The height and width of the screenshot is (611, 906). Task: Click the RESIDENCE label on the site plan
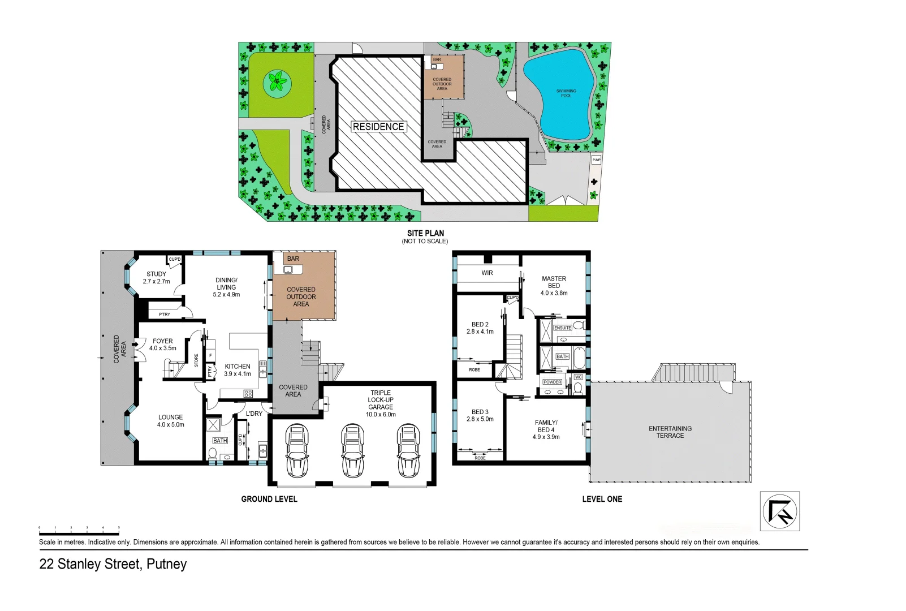(x=378, y=127)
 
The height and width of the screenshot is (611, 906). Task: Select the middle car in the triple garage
(x=352, y=451)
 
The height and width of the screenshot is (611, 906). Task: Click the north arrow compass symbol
(x=779, y=511)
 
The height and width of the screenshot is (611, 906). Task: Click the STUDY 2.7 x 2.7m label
(x=156, y=278)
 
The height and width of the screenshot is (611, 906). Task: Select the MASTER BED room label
(x=554, y=286)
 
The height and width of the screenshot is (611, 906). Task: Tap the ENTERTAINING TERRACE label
(x=670, y=432)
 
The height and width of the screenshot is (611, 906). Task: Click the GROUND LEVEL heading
(x=269, y=499)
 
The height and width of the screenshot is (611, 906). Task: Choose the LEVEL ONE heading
(x=602, y=499)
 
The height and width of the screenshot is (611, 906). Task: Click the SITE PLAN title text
(x=425, y=233)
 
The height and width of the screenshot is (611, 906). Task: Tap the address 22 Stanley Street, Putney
(x=113, y=564)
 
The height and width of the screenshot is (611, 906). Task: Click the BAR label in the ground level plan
(x=293, y=259)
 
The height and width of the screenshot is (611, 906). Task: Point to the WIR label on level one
(x=487, y=273)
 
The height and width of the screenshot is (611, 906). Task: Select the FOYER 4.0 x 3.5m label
(x=163, y=345)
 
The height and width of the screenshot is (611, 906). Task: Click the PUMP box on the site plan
(x=596, y=160)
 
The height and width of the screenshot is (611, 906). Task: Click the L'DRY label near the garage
(x=254, y=414)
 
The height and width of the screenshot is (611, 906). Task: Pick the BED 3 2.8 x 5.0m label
(x=480, y=416)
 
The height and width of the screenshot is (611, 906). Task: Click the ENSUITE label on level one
(x=562, y=328)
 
